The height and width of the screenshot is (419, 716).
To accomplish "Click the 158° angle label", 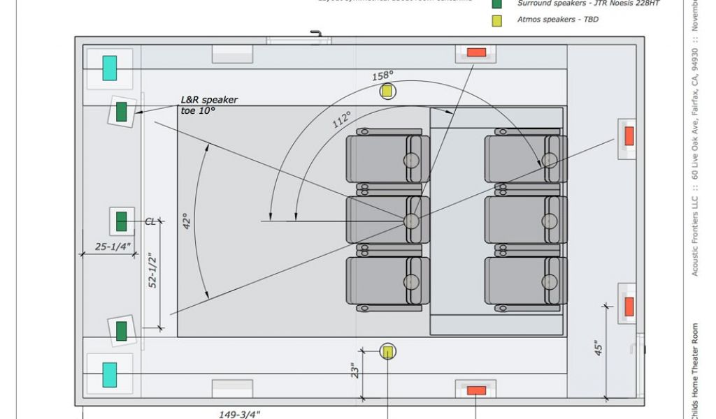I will pos(382,75).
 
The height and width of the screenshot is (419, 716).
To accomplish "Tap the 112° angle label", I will pos(342,119).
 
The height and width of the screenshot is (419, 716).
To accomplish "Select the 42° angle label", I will pos(187,221).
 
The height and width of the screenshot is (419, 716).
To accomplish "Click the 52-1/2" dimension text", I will pos(152,270).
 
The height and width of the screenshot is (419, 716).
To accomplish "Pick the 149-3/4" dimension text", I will pos(240,413).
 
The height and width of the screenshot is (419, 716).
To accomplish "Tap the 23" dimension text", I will pos(357,370).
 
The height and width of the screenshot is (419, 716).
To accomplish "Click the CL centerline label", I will pos(150,221).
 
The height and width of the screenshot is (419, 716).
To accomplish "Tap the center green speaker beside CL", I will pos(121,221).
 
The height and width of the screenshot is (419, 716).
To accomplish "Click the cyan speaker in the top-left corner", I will pos(109,68).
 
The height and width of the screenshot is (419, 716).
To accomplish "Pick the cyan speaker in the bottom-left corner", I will pos(109,374).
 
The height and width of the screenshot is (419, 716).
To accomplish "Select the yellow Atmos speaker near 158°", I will pos(387,91).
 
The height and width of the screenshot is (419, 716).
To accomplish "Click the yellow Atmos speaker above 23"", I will pos(387,351).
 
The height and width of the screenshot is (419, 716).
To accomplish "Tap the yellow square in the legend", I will pos(496,20).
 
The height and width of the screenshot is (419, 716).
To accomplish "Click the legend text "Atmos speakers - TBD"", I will pos(557,20).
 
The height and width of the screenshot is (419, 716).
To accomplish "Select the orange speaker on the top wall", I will pos(476,52).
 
